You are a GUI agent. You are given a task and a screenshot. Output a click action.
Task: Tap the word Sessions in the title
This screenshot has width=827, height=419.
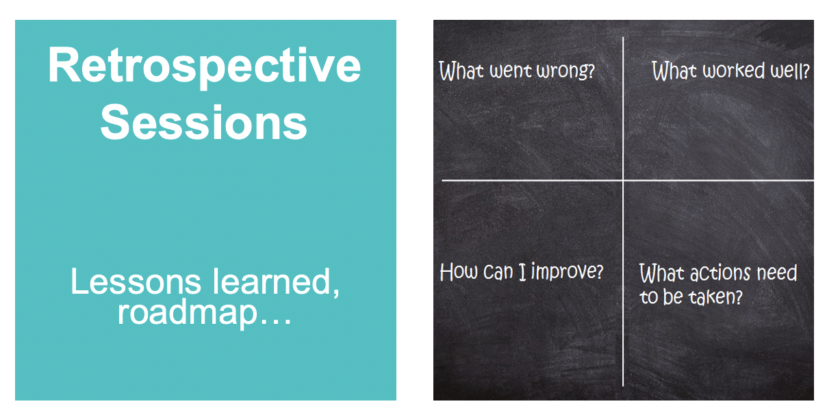click(204, 122)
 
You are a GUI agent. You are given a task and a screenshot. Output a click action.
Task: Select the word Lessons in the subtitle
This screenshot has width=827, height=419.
click(136, 281)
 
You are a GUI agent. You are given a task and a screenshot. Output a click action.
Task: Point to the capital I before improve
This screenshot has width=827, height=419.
click(522, 272)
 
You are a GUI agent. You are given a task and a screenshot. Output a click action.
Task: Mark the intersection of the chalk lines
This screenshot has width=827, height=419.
click(623, 181)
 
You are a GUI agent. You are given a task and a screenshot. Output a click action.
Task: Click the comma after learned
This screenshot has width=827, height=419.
click(335, 292)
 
